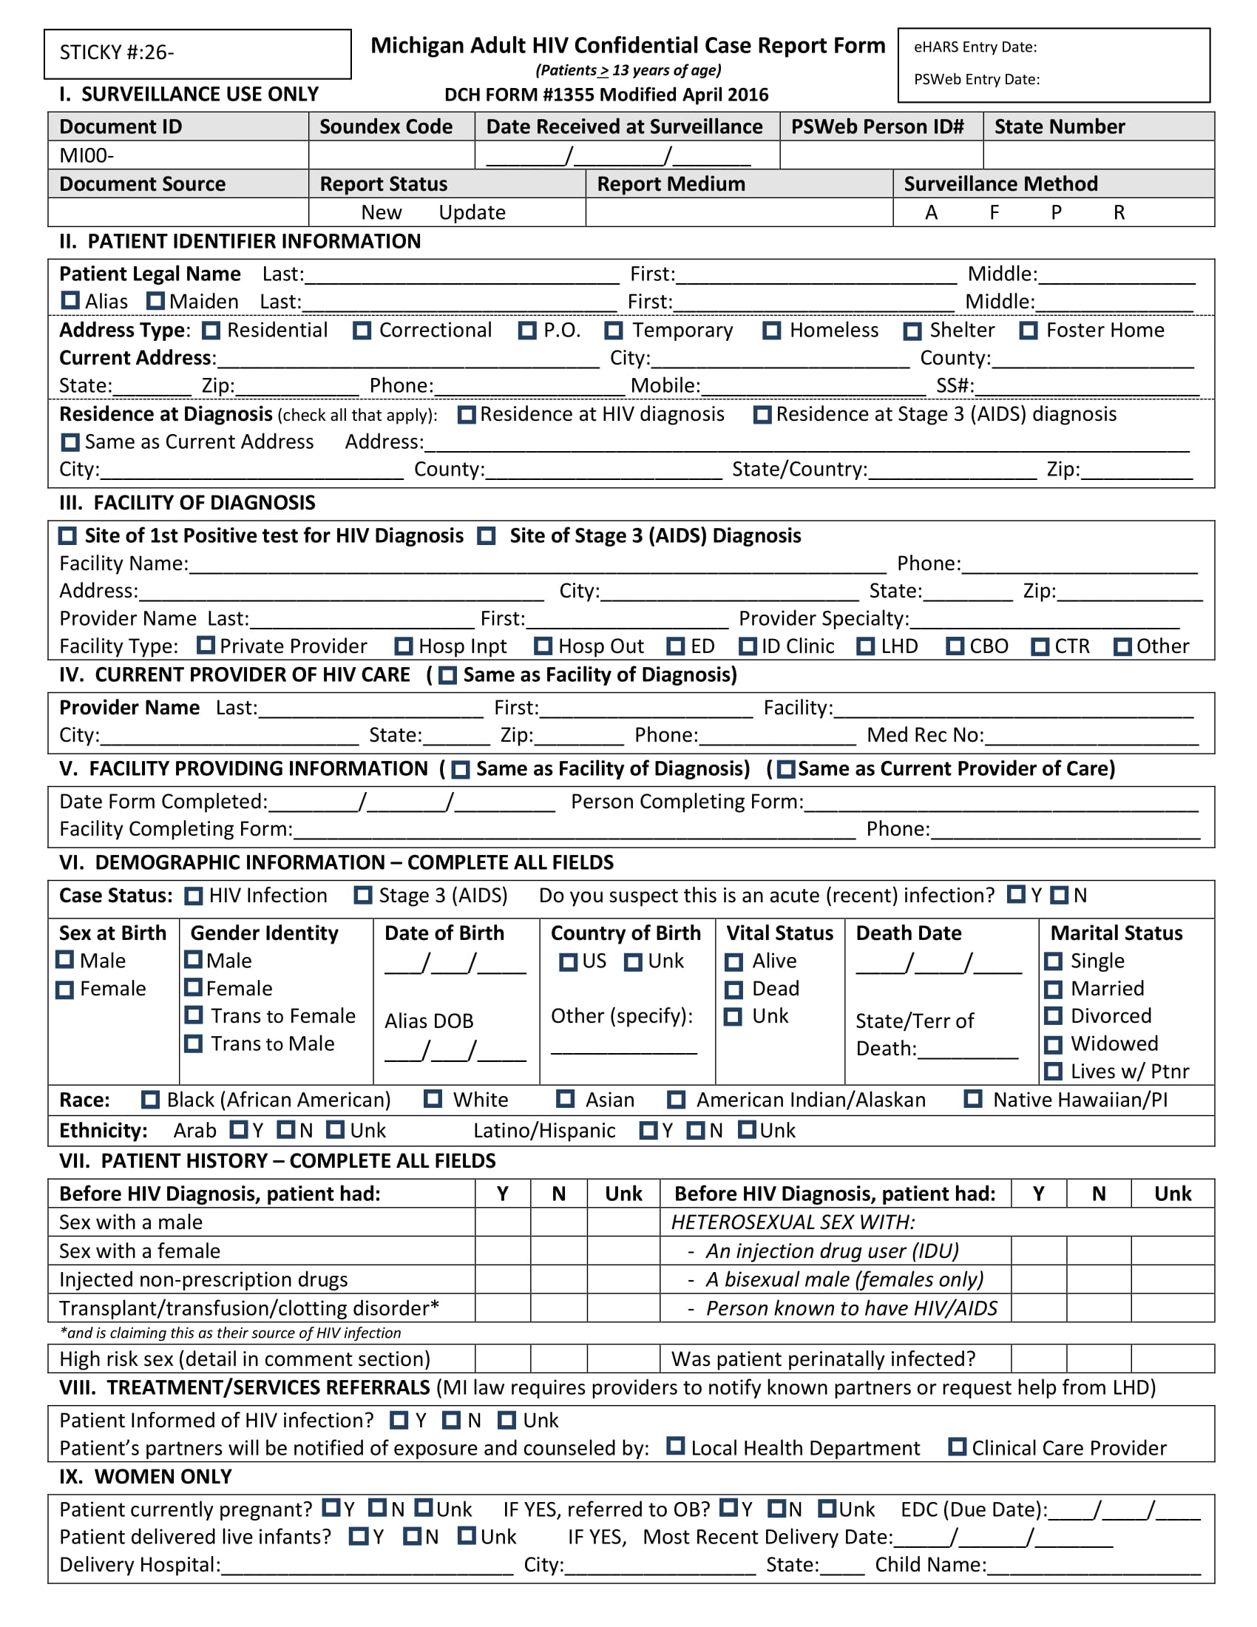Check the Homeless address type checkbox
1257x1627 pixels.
[x=771, y=331]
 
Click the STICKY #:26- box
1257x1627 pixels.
[x=197, y=54]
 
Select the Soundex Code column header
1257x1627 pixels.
[x=386, y=126]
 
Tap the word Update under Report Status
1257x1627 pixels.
[x=472, y=213]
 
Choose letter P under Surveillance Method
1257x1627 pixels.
[x=1056, y=213]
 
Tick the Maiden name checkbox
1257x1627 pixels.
[x=155, y=301]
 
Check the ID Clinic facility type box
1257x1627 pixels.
[x=748, y=646]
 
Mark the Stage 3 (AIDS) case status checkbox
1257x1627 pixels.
[x=362, y=896]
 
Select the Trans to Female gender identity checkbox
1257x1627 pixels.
[x=194, y=1015]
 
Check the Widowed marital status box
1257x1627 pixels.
[x=1053, y=1044]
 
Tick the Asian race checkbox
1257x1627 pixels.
[x=566, y=1100]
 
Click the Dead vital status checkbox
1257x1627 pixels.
[x=734, y=990]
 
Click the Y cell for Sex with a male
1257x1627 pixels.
[x=503, y=1222]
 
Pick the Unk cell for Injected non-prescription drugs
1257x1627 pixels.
[x=623, y=1280]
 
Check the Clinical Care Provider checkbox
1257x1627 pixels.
[x=958, y=1447]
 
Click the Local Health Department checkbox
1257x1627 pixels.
[x=675, y=1447]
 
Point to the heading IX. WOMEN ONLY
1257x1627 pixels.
[x=146, y=1477]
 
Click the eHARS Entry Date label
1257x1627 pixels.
[x=975, y=47]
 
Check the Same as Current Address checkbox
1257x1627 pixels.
[x=70, y=442]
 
